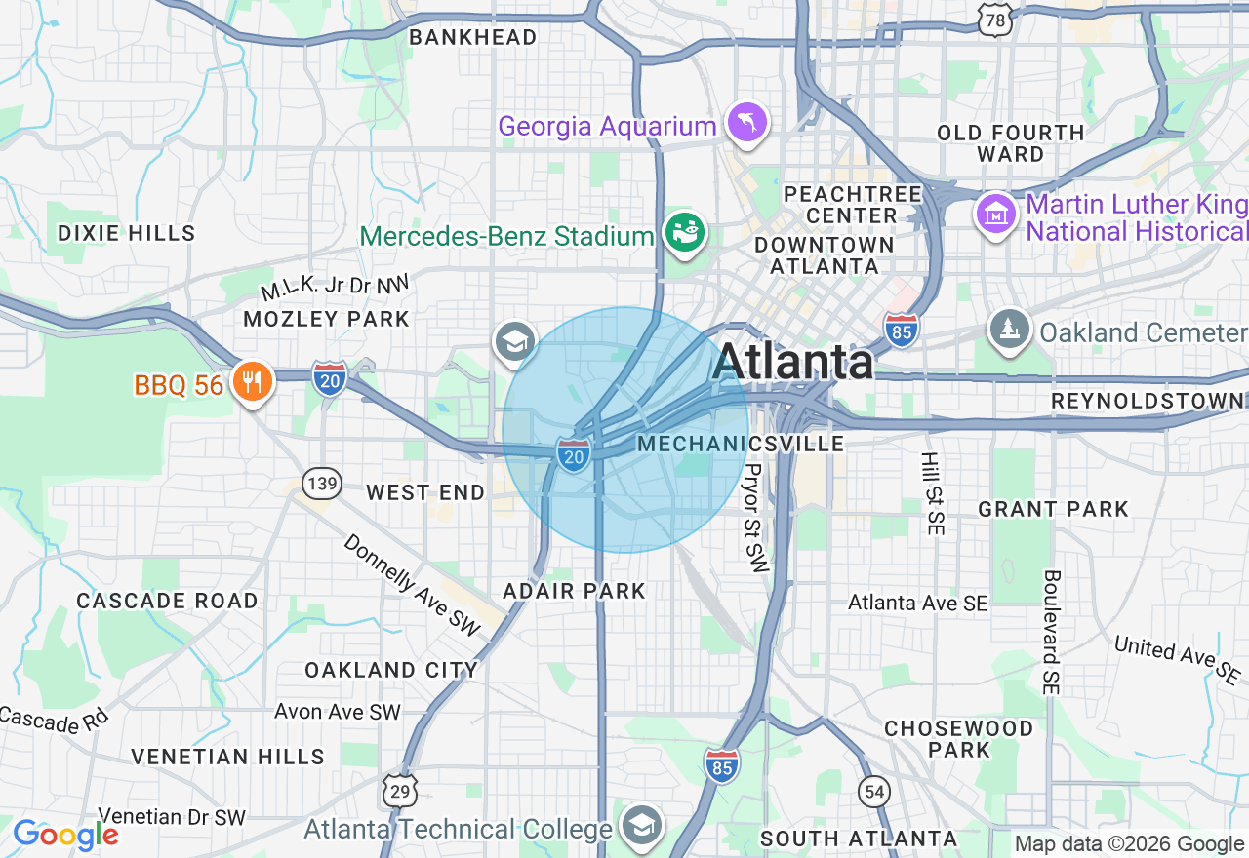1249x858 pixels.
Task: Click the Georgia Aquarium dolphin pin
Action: pyautogui.click(x=746, y=124)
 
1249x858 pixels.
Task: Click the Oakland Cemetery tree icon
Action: pyautogui.click(x=1009, y=331)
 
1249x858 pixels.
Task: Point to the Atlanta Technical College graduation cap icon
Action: pyautogui.click(x=642, y=826)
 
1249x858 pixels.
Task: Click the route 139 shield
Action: pyautogui.click(x=321, y=482)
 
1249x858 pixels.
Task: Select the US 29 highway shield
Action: pyautogui.click(x=399, y=792)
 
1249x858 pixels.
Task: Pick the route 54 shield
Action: pyautogui.click(x=875, y=792)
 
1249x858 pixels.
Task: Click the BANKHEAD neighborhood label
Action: pyautogui.click(x=473, y=37)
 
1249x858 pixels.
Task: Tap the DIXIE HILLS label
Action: pyautogui.click(x=127, y=233)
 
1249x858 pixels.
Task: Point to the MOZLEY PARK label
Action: pyautogui.click(x=326, y=319)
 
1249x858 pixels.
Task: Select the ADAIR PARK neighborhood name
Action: pyautogui.click(x=574, y=590)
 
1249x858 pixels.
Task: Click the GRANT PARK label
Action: pyautogui.click(x=1053, y=508)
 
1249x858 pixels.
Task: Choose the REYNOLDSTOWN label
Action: pyautogui.click(x=1148, y=402)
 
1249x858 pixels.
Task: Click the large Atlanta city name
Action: pyautogui.click(x=792, y=362)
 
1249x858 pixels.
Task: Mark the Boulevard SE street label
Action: pyautogui.click(x=1050, y=633)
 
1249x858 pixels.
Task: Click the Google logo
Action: pyautogui.click(x=64, y=835)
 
